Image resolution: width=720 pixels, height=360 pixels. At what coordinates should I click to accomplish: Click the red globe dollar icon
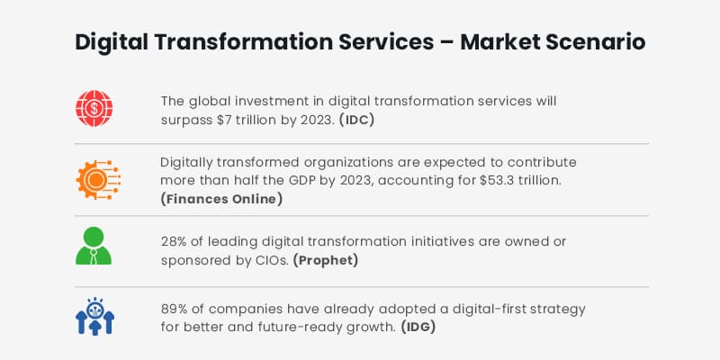point(94,108)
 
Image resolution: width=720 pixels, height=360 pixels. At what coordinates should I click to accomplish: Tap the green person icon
point(94,246)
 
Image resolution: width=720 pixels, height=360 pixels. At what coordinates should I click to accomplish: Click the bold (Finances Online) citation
point(221,198)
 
